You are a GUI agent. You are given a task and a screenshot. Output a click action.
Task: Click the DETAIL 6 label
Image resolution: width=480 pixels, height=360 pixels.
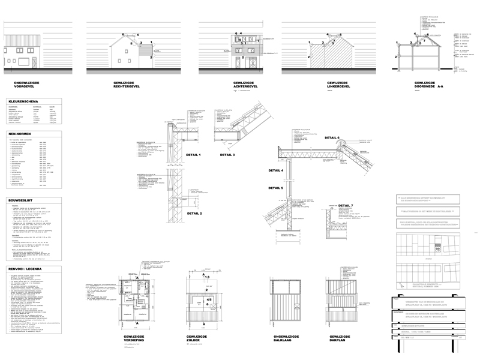pos(332,138)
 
